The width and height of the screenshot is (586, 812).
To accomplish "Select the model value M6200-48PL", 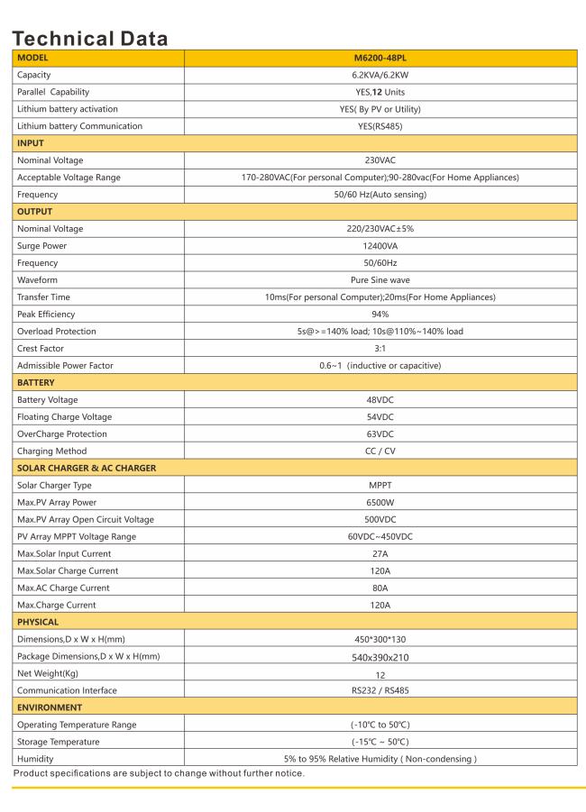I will click(385, 58).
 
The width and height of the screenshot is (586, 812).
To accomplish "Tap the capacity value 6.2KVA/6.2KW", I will click(385, 75).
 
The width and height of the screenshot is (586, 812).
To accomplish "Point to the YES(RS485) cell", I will click(385, 126).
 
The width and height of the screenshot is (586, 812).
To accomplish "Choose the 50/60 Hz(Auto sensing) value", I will click(385, 195).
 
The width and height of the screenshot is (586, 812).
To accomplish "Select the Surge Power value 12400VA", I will click(385, 246).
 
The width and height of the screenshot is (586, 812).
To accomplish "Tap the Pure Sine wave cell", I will click(385, 280).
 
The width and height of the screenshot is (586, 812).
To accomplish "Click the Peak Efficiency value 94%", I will click(385, 315).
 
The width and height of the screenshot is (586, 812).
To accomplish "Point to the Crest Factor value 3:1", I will click(385, 348).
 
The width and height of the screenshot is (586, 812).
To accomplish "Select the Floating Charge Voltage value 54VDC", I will click(385, 417).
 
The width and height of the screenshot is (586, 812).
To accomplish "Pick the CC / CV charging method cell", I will click(385, 451).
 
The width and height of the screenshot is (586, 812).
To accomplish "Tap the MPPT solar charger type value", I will click(385, 485).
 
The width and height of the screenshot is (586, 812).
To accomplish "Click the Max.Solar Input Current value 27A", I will click(385, 553).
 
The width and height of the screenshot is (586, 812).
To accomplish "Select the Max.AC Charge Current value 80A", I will click(385, 588).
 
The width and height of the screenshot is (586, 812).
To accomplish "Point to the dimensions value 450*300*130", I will click(385, 639).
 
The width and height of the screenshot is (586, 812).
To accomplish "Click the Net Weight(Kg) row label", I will click(50, 673).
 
